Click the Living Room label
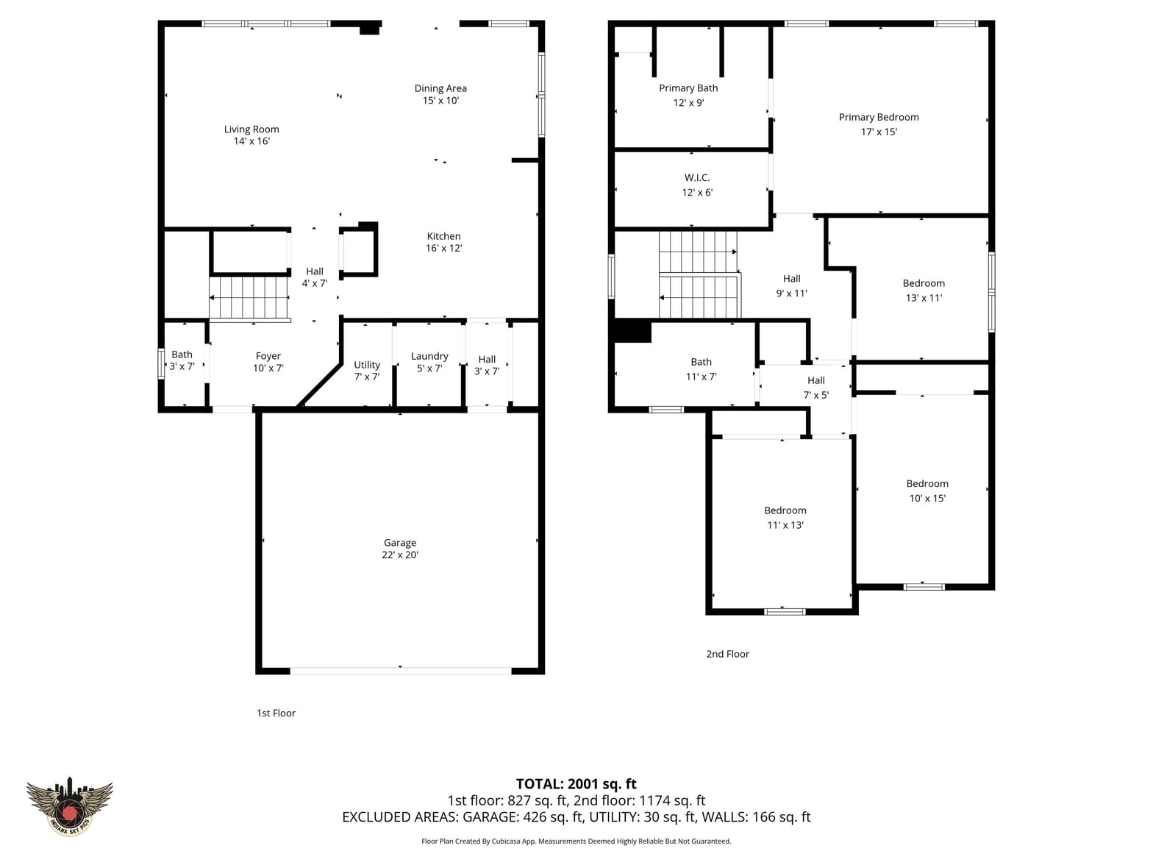(251, 129)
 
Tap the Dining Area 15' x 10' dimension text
(440, 100)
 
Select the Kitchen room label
(444, 236)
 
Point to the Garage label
(400, 543)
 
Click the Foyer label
(268, 356)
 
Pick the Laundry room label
(429, 356)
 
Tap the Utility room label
(367, 365)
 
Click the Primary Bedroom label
(879, 117)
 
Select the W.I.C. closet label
(697, 177)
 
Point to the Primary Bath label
(688, 88)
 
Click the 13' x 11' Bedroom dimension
(924, 298)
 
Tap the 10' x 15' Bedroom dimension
(927, 498)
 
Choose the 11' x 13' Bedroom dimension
(785, 524)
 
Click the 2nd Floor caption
(727, 654)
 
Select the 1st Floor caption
(276, 713)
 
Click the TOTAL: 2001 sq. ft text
(576, 783)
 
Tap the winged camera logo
(69, 805)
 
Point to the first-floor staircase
(249, 298)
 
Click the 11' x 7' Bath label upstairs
(702, 369)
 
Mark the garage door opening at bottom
(400, 671)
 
